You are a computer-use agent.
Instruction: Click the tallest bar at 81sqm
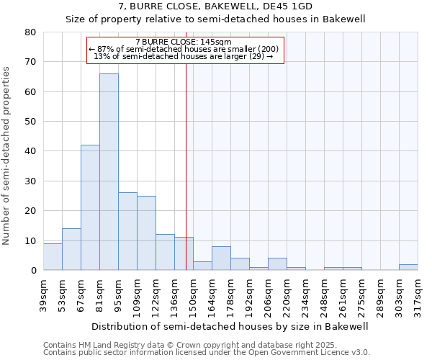pos(109,172)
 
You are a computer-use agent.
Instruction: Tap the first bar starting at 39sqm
pos(53,257)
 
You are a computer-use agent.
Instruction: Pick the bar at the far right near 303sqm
pos(408,267)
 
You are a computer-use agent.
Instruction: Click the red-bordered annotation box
pos(185,50)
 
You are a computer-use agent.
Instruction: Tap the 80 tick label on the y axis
pos(30,32)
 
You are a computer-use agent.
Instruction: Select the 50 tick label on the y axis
pos(30,122)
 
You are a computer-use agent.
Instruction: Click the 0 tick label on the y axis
pos(32,271)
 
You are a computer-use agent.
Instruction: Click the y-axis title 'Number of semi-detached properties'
pos(7,155)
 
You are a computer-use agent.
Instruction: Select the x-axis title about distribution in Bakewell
pos(230,326)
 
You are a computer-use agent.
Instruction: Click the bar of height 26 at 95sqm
pos(127,231)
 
